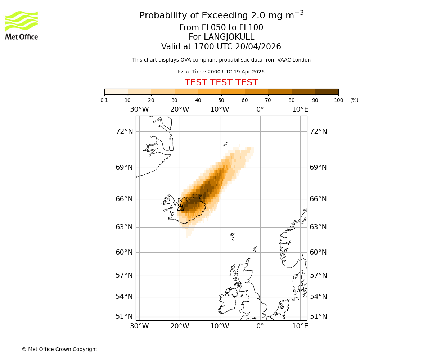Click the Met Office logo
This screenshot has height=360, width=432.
pos(22,25)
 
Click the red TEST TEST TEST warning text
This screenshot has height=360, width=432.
pos(221,82)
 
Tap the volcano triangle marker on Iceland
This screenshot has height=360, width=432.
pos(181,208)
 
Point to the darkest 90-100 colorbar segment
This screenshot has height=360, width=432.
pos(327,91)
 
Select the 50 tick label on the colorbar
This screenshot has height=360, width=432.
pos(221,100)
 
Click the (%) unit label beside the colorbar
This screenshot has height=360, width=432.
pos(354,100)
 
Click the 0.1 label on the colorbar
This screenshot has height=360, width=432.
pos(104,100)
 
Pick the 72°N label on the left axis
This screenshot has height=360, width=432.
pos(124,131)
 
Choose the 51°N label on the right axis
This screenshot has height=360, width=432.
pos(318,316)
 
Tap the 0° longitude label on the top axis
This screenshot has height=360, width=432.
pos(260,109)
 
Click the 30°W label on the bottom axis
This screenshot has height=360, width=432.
pos(139,326)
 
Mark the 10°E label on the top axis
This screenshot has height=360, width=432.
pos(300,109)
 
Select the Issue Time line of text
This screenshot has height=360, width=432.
pos(221,72)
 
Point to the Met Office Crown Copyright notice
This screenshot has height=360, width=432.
pos(59,349)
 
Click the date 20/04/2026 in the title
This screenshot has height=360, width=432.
pos(258,47)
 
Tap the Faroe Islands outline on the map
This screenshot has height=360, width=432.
pos(233,236)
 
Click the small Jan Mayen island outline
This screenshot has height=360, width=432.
pos(226,144)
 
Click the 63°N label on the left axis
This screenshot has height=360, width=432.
pos(124,227)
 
